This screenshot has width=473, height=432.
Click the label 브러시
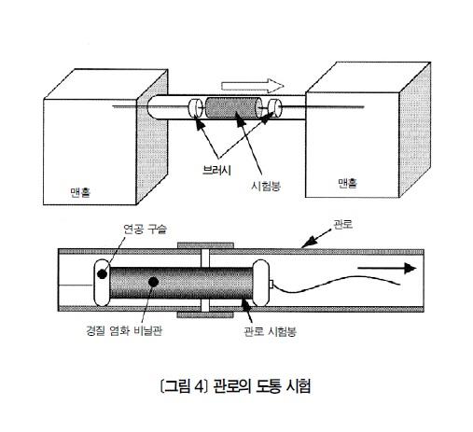point(216,170)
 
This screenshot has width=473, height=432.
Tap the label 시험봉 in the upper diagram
point(266,186)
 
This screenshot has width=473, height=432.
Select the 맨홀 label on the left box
point(80,192)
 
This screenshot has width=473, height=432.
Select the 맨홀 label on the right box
point(347,183)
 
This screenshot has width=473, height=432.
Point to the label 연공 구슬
point(146,230)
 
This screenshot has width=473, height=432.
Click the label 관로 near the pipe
point(342,224)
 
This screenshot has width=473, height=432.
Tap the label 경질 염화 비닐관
point(124,330)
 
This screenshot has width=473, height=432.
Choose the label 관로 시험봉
point(270,331)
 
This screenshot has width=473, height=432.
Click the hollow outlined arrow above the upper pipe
point(253,86)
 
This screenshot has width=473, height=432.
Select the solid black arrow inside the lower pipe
point(387,268)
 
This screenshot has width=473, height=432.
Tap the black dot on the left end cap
point(102,274)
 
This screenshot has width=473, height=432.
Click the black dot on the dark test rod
point(153,282)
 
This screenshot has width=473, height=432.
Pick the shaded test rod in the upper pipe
point(234,107)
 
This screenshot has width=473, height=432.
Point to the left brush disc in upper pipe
point(195,107)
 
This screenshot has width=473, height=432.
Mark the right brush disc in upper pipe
point(275,107)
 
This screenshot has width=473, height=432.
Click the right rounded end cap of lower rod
point(260,283)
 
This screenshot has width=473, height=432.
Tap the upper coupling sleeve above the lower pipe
point(205,245)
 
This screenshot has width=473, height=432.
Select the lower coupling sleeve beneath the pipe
point(205,314)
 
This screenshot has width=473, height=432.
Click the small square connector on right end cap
point(271,284)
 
